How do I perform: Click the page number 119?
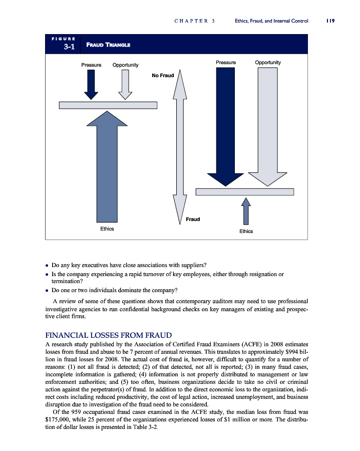point(329,21)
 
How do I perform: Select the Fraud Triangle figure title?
point(109,45)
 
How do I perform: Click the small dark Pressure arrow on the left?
point(91,84)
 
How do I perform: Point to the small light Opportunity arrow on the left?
point(125,84)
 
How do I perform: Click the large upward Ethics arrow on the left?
point(107,165)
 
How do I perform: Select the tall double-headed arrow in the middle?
point(180,145)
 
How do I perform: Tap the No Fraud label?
point(162,76)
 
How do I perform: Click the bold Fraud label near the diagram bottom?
point(193,219)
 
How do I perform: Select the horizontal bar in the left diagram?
point(108,105)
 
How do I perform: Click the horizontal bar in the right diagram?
point(244,192)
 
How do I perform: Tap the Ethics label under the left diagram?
point(107,229)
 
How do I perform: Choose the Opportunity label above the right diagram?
point(268,63)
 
